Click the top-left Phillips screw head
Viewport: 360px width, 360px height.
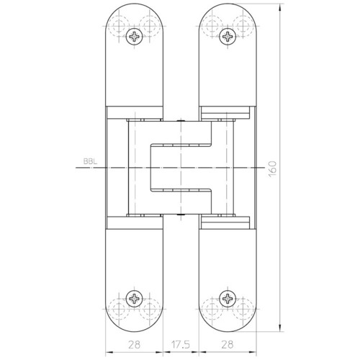point(135,37)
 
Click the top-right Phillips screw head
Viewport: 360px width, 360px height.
point(228,37)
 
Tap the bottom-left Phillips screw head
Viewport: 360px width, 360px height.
point(135,299)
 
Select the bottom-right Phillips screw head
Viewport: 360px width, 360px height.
point(228,299)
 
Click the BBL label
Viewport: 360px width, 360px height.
point(91,161)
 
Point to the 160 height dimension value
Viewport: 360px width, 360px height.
point(272,168)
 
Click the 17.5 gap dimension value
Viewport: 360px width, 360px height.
point(181,345)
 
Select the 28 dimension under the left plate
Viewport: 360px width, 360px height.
point(134,345)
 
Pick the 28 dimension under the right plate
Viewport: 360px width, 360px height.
point(228,345)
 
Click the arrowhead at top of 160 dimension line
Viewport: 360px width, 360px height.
point(280,7)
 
